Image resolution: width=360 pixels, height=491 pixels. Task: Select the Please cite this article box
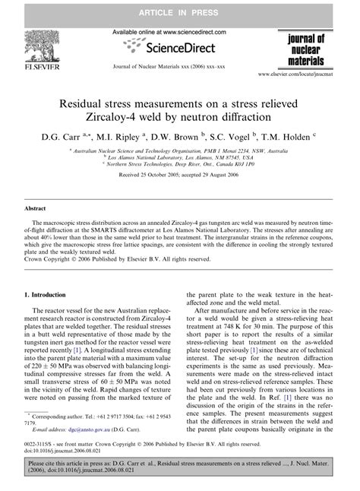coord(180,476)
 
